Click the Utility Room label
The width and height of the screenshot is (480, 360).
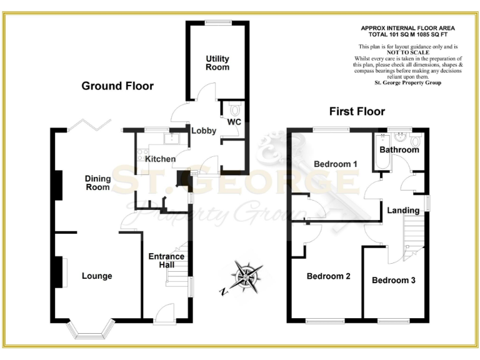click(217, 63)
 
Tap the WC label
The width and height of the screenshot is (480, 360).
click(234, 121)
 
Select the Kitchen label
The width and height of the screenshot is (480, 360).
click(161, 159)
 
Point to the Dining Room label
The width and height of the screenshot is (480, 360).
click(98, 182)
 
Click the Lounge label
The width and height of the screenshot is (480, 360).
click(97, 276)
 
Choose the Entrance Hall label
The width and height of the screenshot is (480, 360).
click(166, 261)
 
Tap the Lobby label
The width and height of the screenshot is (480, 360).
click(204, 131)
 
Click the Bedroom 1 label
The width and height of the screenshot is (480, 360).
click(335, 164)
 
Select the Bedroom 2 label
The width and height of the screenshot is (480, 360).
click(328, 276)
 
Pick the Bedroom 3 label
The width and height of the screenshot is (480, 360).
click(394, 280)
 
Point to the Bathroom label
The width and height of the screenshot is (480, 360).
click(399, 150)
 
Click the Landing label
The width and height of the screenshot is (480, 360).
click(402, 210)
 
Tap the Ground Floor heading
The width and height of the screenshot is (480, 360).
click(117, 86)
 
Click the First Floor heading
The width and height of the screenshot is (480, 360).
click(357, 112)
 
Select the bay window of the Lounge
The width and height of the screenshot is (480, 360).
click(91, 330)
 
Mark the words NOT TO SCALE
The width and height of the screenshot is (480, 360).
click(407, 52)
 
